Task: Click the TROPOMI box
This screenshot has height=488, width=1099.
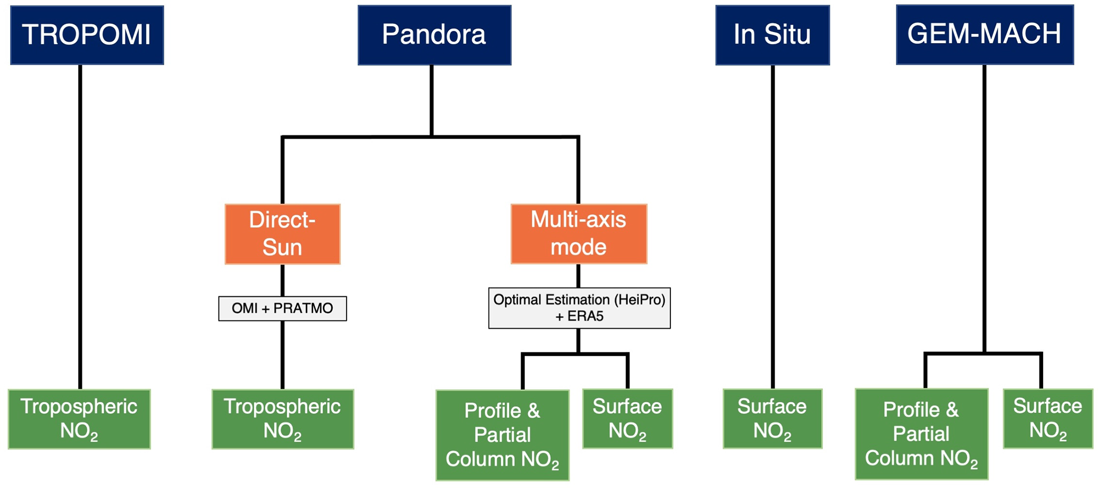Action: [x=87, y=35]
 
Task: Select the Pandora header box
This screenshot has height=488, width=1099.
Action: [x=434, y=35]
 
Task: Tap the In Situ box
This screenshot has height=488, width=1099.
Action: [x=772, y=35]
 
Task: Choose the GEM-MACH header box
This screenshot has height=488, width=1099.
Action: [x=984, y=35]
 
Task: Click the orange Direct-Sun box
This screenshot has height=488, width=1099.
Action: [x=282, y=234]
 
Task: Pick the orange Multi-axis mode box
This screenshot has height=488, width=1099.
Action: [x=578, y=234]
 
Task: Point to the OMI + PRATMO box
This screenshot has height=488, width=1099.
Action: [x=282, y=308]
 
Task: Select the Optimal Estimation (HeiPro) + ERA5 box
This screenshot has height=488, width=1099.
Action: [x=579, y=308]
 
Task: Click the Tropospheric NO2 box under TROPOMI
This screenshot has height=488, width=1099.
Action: [x=79, y=419]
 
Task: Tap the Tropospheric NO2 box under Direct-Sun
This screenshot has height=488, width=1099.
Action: [x=282, y=419]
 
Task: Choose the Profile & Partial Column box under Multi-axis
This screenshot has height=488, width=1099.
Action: [x=502, y=435]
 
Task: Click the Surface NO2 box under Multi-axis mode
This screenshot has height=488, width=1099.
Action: [x=627, y=418]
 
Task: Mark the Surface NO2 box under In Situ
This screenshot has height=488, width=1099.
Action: [x=772, y=418]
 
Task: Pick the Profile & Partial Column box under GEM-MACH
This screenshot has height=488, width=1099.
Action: [x=921, y=434]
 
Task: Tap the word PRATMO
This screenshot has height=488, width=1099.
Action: [x=303, y=308]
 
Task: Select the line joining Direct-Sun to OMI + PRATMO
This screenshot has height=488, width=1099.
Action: [x=282, y=280]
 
